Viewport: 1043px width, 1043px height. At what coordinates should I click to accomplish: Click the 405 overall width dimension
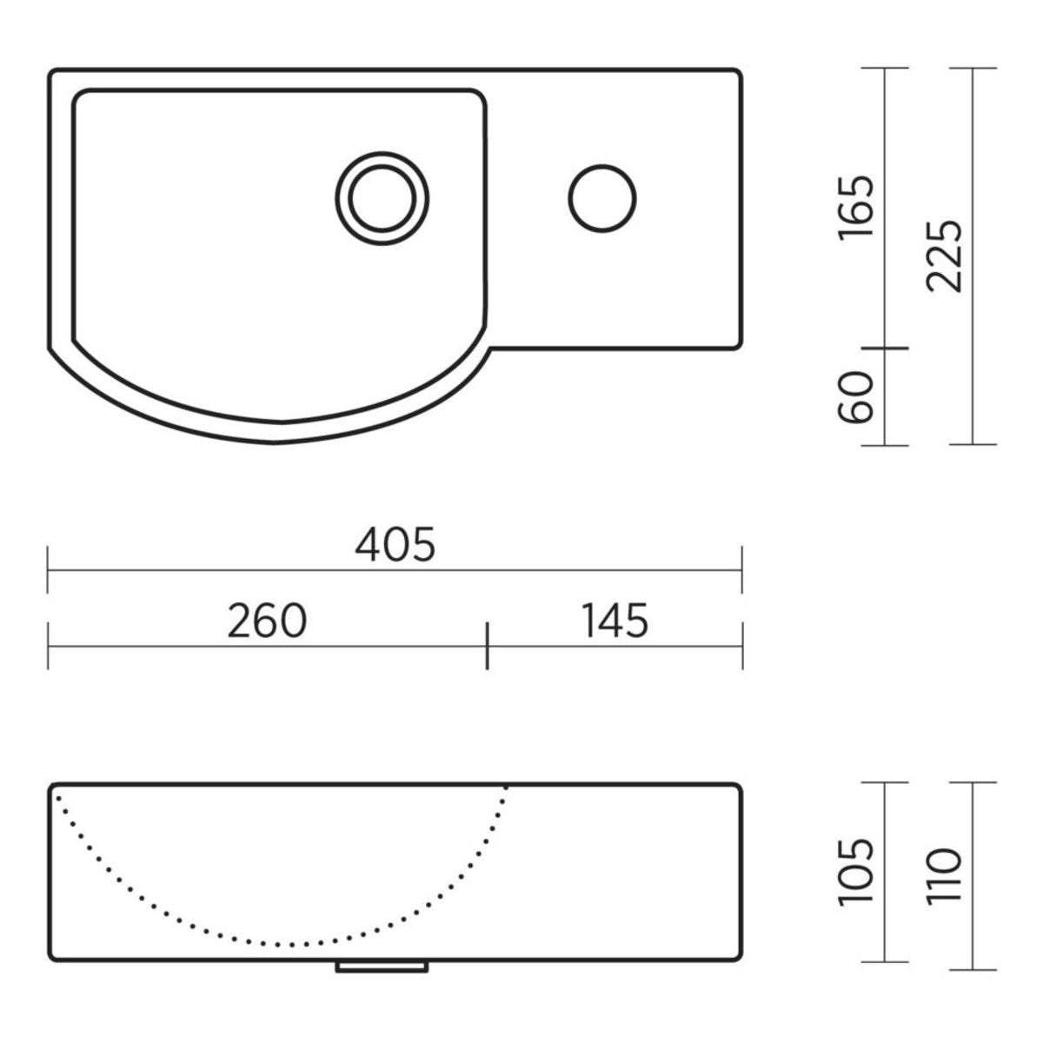[395, 545]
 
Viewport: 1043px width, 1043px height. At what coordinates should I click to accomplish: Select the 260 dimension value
[267, 621]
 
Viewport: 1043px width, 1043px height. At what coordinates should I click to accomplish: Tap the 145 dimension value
[615, 621]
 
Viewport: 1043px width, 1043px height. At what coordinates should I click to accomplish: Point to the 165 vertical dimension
[856, 207]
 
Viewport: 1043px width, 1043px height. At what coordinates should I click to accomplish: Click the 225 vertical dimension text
[945, 256]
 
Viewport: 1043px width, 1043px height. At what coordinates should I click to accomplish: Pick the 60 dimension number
[856, 397]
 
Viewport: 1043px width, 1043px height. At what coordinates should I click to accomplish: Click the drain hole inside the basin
[382, 199]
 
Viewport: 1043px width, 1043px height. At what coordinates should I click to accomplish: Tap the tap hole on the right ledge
[602, 199]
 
